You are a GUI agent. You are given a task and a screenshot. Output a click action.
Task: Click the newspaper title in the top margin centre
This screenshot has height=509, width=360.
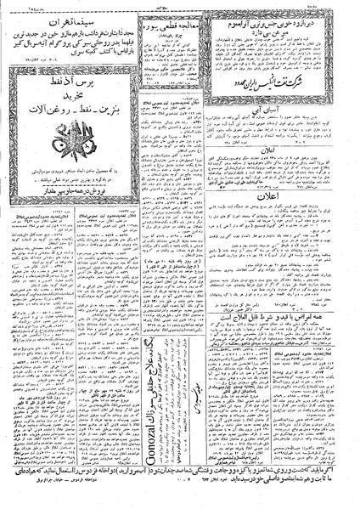point(178,6)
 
